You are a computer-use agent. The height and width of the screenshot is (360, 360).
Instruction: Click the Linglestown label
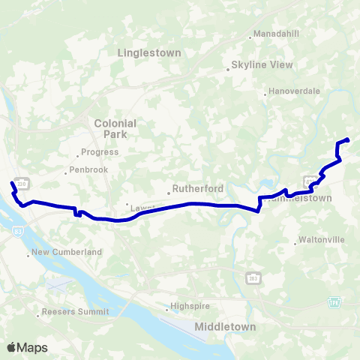150,52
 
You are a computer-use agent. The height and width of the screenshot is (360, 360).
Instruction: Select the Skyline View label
262,64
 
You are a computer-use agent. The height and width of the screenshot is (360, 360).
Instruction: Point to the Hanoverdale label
295,91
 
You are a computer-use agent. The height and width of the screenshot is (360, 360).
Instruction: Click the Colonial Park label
115,128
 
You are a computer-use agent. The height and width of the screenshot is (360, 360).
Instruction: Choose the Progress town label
101,151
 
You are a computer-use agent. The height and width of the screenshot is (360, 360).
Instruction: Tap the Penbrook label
91,170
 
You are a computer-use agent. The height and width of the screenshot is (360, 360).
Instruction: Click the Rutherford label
193,189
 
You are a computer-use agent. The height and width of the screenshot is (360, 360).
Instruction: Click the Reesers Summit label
75,311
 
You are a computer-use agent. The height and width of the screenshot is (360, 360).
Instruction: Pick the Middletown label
225,327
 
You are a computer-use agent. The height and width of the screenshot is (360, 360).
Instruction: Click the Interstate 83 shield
17,234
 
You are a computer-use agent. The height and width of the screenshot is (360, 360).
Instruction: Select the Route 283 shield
251,278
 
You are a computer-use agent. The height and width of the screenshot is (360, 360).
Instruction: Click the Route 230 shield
22,183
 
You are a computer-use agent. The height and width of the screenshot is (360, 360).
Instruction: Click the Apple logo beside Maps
12,347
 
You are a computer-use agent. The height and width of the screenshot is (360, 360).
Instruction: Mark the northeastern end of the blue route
348,139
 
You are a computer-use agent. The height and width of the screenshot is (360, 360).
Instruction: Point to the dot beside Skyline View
228,70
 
